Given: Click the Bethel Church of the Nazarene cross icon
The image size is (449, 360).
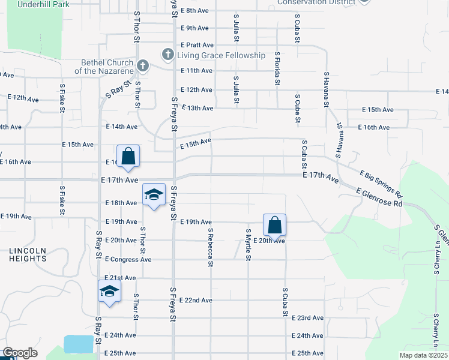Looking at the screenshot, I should tap(142, 65).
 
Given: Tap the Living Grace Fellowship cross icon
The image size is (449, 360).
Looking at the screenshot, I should tap(167, 55).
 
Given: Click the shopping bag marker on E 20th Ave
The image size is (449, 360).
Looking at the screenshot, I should tap(274, 226).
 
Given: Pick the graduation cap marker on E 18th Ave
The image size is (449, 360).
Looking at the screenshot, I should tap(154, 194).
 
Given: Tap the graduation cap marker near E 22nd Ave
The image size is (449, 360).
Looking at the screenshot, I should tap(109, 292).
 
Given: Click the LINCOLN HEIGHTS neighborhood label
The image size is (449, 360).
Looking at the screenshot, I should tap(28, 254).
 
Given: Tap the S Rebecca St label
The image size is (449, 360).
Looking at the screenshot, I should tap(211, 244).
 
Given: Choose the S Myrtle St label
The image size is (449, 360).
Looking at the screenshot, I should tap(247, 244).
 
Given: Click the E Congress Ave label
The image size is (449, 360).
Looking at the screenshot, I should tap(128, 260).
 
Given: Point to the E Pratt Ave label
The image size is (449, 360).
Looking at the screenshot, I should tap(197, 45).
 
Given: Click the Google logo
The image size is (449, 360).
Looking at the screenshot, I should tap(20, 353).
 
